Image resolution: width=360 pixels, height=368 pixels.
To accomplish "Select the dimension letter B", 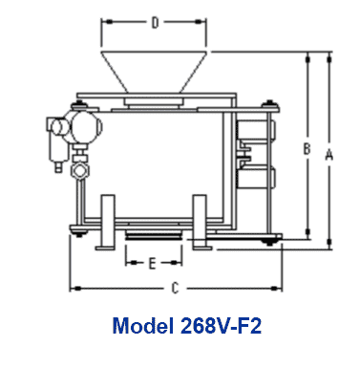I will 306,149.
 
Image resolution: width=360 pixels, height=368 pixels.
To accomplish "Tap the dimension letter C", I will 175,287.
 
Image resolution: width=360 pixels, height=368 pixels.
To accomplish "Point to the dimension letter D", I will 155,21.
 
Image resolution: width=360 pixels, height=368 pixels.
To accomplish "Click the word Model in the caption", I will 143,328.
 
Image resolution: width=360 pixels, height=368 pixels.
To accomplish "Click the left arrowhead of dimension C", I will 74,287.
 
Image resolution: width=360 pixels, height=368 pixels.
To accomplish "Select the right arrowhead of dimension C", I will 281,287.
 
